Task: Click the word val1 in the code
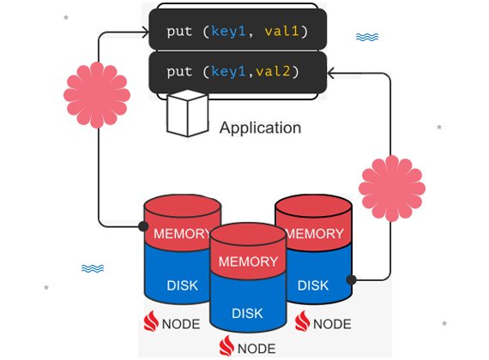[281, 31]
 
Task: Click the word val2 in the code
[273, 71]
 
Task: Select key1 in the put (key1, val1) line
[228, 32]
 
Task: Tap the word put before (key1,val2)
[179, 72]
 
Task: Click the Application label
[261, 128]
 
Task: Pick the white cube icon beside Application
[187, 113]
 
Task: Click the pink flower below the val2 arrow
[392, 189]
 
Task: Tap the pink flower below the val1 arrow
[97, 95]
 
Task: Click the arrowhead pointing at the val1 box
[146, 32]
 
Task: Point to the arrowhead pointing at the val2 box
[331, 73]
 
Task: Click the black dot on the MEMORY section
[143, 226]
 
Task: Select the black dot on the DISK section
[352, 279]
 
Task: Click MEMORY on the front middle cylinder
[248, 261]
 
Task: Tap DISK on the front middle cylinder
[247, 313]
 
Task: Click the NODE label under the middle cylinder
[257, 349]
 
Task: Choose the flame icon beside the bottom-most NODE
[226, 345]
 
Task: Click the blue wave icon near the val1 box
[367, 37]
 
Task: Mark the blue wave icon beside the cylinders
[93, 268]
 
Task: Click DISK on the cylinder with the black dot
[313, 285]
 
